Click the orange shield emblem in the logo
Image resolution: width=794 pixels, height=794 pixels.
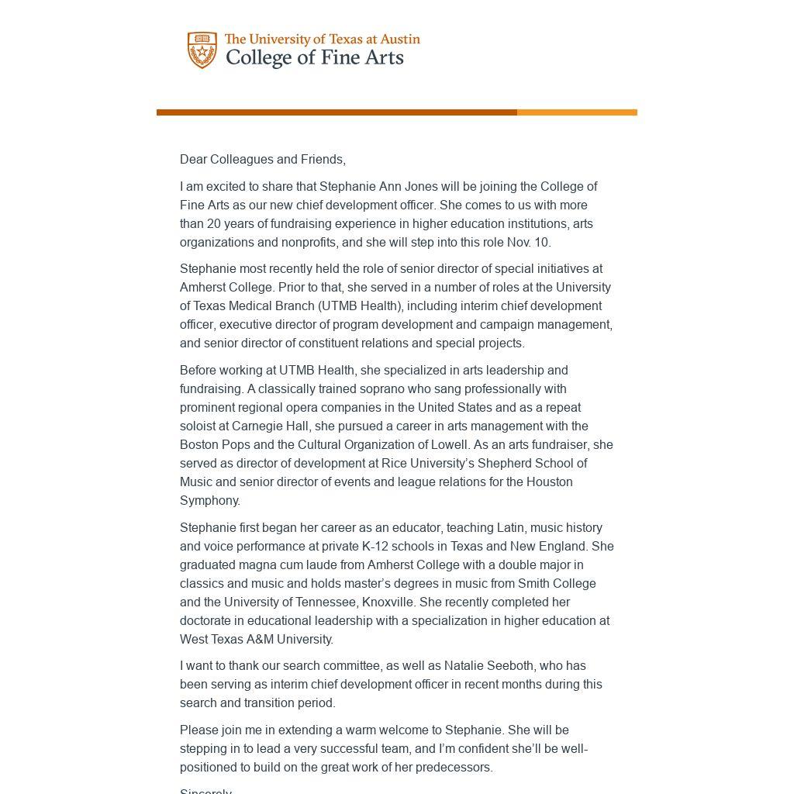[x=202, y=50]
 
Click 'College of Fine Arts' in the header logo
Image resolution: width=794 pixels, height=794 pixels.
[x=314, y=58]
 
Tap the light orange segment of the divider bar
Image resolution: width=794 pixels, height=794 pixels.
[x=577, y=112]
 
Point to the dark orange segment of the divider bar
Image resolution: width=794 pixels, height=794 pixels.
[x=337, y=112]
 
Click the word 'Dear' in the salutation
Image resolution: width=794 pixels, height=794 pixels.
[x=193, y=160]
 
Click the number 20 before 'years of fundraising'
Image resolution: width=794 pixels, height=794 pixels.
[x=214, y=224]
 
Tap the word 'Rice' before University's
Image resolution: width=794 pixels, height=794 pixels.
[x=394, y=464]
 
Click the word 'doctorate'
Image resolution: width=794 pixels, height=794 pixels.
[x=205, y=621]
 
